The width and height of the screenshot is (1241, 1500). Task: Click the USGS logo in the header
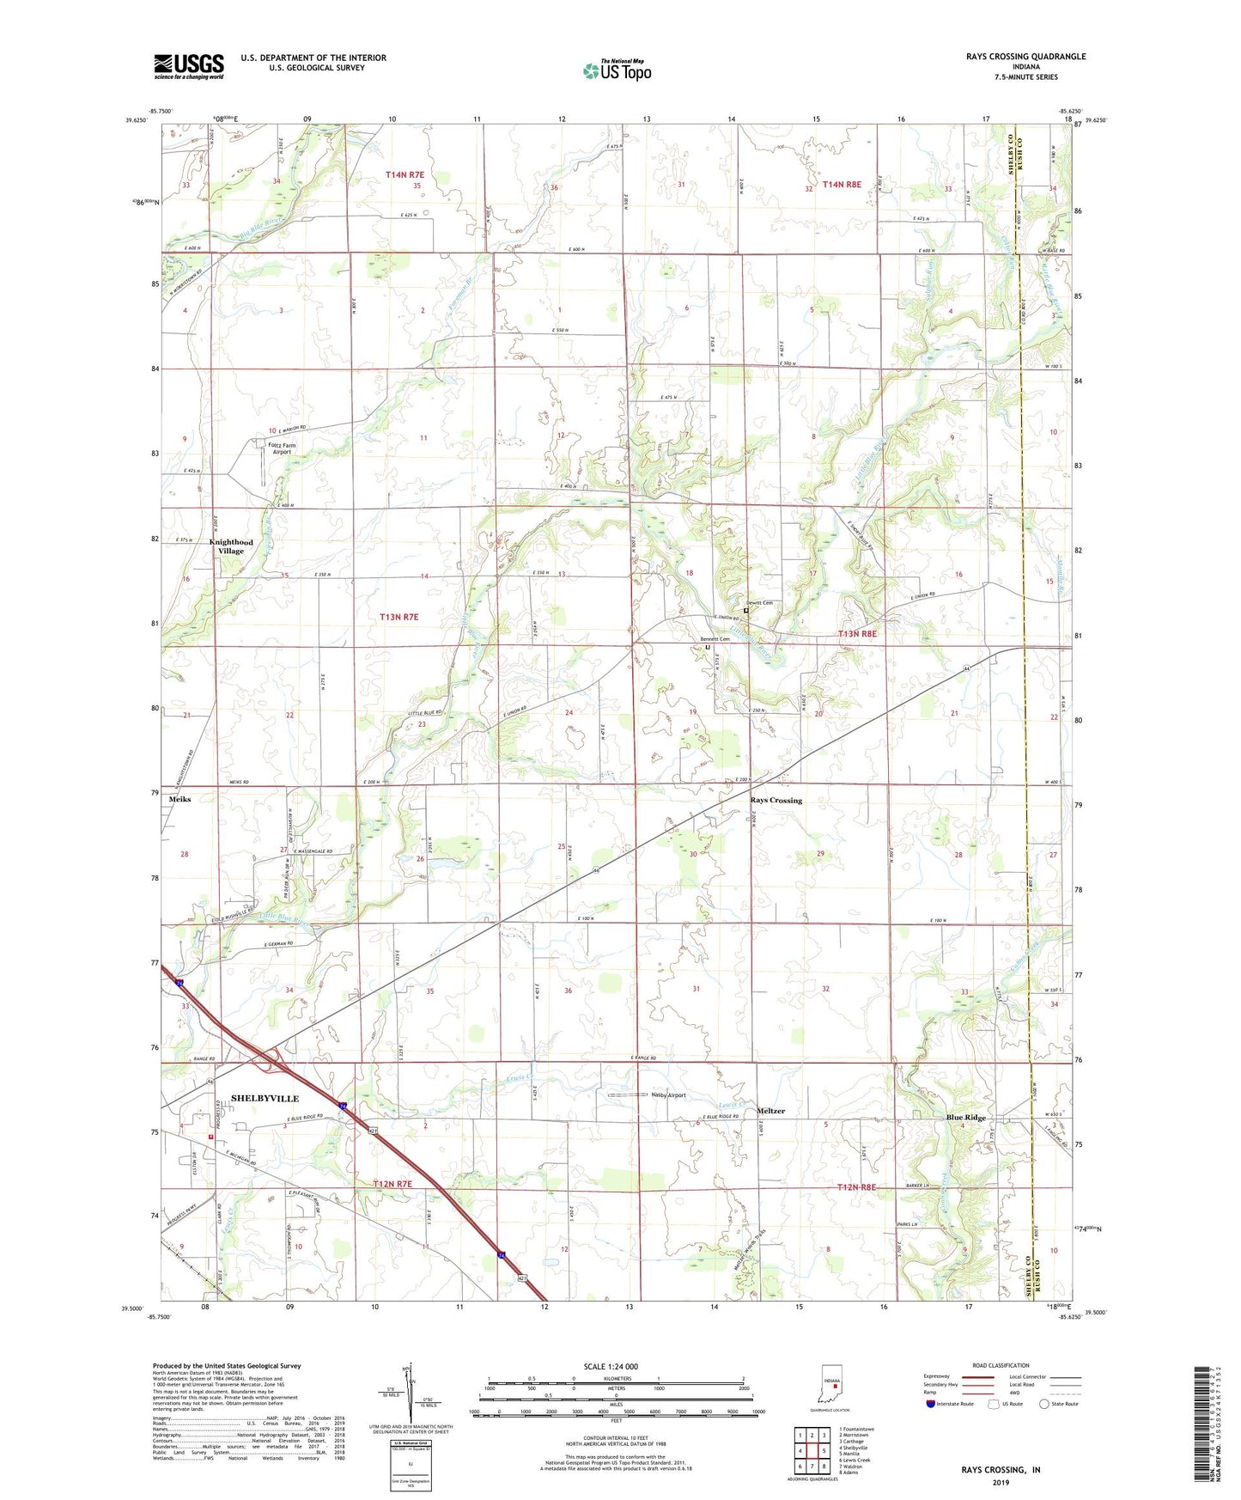(x=189, y=66)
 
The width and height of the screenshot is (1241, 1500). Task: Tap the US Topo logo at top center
(x=617, y=70)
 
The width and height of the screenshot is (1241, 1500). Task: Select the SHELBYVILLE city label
(x=265, y=1098)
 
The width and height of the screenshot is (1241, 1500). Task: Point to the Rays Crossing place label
(x=776, y=800)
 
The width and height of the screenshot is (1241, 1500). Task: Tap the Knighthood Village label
(x=230, y=546)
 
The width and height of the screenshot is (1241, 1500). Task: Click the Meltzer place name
(x=770, y=1111)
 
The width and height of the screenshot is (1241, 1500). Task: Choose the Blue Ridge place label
(x=965, y=1118)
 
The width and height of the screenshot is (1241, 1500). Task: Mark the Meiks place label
(x=180, y=799)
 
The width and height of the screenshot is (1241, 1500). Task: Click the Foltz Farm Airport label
(x=282, y=448)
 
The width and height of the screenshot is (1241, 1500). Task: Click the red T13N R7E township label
(x=399, y=617)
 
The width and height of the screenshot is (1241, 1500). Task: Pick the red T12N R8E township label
(x=861, y=1187)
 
